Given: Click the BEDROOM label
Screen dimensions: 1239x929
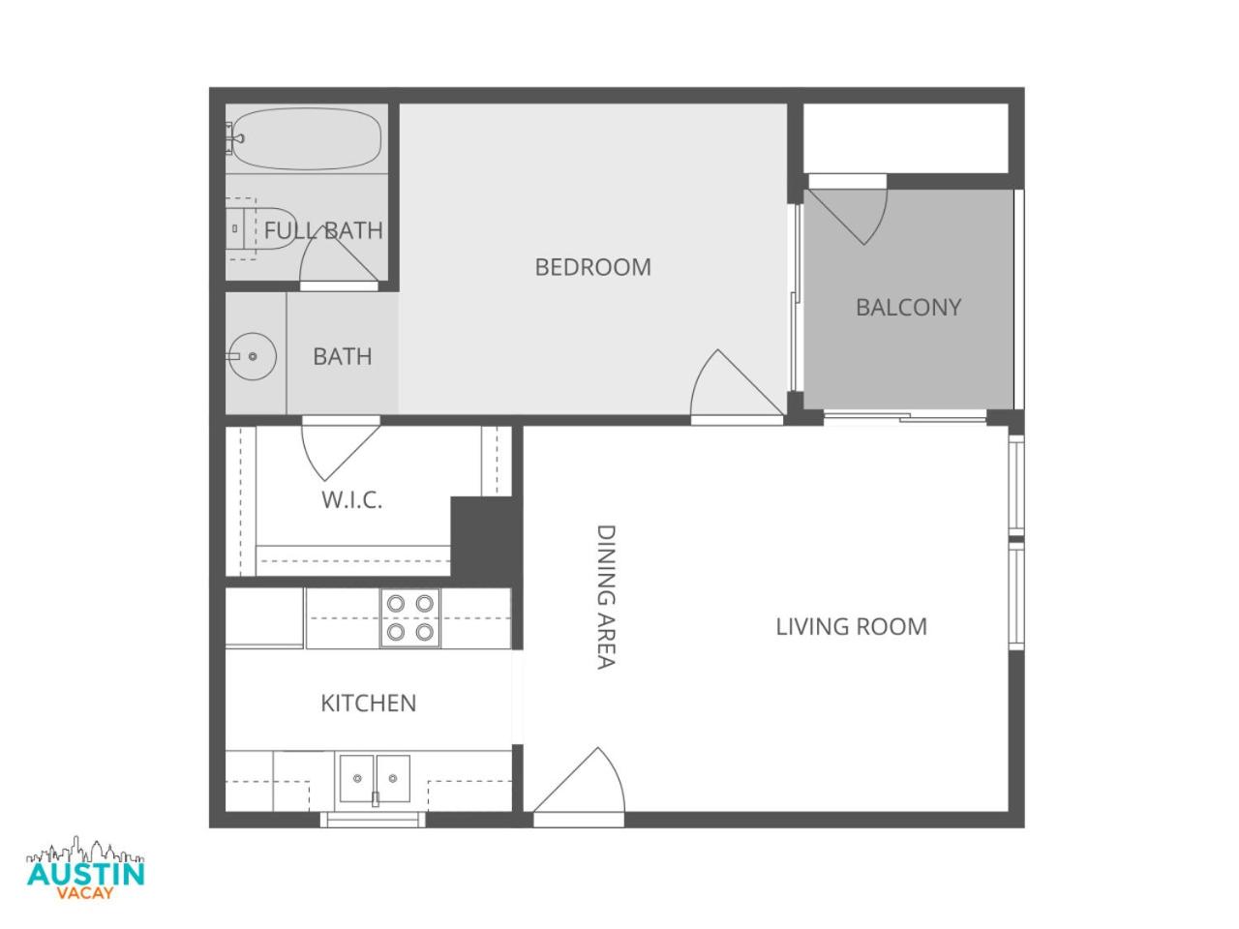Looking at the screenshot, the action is tap(592, 267).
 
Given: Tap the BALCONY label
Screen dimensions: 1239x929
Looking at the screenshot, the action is tap(908, 308).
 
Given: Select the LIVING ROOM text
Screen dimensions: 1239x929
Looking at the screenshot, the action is tap(851, 627).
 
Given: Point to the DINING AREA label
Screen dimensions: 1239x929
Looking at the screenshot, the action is tap(606, 597).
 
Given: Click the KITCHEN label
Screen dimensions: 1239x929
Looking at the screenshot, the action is tap(369, 704).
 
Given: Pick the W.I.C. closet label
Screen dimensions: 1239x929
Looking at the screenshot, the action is tap(352, 500).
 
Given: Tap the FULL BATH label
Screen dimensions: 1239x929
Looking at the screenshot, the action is tap(323, 230).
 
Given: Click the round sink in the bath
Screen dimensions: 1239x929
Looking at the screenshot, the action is tap(252, 356).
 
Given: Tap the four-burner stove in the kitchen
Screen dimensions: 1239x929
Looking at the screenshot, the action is tap(409, 617).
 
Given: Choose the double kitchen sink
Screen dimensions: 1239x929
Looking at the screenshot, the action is tap(375, 779).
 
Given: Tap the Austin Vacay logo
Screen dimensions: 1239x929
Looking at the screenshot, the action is tap(86, 868).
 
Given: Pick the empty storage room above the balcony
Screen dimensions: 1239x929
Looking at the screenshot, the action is tap(906, 138).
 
